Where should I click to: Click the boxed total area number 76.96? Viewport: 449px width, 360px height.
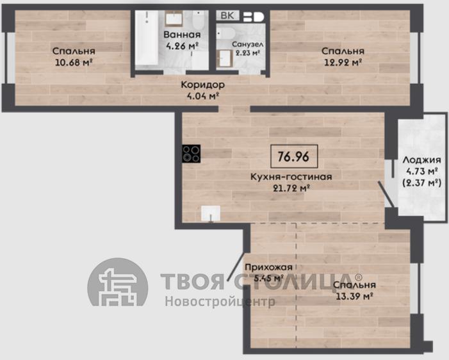pyautogui.click(x=294, y=156)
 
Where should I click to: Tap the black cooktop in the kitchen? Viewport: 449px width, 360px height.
pyautogui.click(x=192, y=154)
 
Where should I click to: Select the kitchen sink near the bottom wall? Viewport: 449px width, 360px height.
pyautogui.click(x=211, y=213)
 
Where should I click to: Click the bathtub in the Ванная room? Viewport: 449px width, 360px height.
pyautogui.click(x=146, y=38)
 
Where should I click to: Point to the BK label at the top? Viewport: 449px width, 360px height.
pyautogui.click(x=227, y=15)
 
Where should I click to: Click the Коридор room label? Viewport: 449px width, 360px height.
pyautogui.click(x=203, y=85)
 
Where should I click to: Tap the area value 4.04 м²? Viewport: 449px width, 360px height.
pyautogui.click(x=203, y=95)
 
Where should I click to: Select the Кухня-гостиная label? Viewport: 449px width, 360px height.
pyautogui.click(x=291, y=177)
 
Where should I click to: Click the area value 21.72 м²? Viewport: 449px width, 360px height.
pyautogui.click(x=291, y=188)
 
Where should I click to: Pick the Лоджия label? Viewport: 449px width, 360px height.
pyautogui.click(x=422, y=160)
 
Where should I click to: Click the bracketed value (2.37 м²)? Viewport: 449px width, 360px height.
pyautogui.click(x=422, y=183)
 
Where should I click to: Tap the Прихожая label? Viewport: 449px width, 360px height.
pyautogui.click(x=268, y=267)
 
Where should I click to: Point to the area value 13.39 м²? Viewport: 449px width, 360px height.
pyautogui.click(x=354, y=296)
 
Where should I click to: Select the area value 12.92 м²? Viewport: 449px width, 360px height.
pyautogui.click(x=343, y=62)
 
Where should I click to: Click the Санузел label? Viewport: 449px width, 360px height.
pyautogui.click(x=247, y=44)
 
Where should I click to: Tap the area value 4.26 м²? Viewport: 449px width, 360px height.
pyautogui.click(x=182, y=46)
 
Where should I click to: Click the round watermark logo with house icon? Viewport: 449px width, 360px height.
pyautogui.click(x=118, y=282)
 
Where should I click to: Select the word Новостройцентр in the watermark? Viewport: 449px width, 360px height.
pyautogui.click(x=220, y=301)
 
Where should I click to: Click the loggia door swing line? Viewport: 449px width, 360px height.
pyautogui.click(x=386, y=194)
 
